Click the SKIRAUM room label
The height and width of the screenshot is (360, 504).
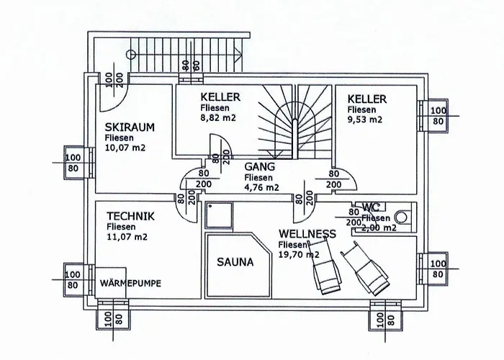[x=130, y=127]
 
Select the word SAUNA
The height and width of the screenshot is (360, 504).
[x=235, y=263]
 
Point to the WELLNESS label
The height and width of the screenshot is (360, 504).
[x=307, y=234]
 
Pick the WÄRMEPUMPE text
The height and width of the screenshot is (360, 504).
[x=130, y=282]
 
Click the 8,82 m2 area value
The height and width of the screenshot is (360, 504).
[x=218, y=117]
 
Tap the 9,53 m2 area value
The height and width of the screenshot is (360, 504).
[x=365, y=120]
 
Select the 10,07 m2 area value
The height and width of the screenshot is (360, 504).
[x=125, y=148]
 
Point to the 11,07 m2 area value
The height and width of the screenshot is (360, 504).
[x=127, y=236]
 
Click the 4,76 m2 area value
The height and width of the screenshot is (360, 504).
[x=261, y=187]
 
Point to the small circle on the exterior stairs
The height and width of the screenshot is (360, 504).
[x=131, y=54]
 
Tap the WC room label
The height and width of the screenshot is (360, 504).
[x=371, y=207]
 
